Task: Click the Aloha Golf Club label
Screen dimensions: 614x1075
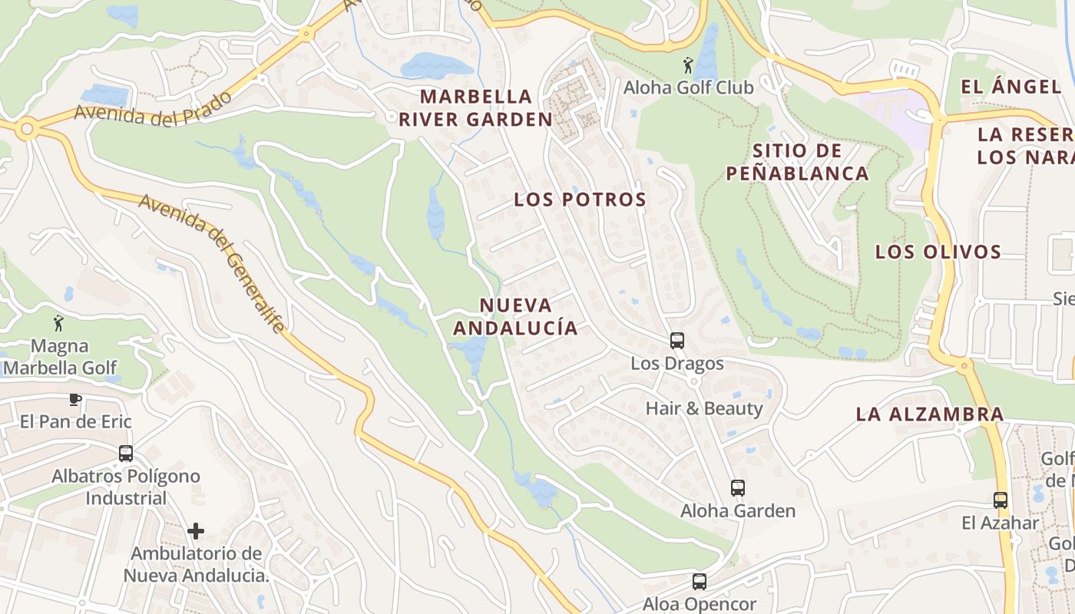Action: pos(688,87)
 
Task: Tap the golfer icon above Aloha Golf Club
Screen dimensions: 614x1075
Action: pos(688,65)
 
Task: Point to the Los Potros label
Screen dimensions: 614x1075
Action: pos(580,200)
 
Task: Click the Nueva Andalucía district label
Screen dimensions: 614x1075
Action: pos(515,316)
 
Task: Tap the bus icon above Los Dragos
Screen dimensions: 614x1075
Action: pos(676,340)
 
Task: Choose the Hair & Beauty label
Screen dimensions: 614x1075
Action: pos(704,408)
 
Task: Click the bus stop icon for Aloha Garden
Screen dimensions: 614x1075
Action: pos(737,487)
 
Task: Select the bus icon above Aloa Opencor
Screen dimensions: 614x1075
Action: pos(699,582)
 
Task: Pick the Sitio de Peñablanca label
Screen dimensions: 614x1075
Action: pos(797,162)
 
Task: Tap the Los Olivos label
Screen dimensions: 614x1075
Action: pos(938,252)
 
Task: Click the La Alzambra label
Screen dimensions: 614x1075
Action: pos(930,414)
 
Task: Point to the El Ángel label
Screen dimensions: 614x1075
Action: pos(1011,87)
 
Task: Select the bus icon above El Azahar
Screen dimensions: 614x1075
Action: pos(1000,500)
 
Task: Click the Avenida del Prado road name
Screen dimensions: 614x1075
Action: pos(154,106)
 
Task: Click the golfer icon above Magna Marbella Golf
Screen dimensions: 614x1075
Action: pos(58,323)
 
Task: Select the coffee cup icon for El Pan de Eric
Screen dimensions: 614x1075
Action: pos(74,399)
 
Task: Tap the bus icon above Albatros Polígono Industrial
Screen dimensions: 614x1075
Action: pos(126,454)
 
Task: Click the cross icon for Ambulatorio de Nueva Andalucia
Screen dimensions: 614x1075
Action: pos(196,530)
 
